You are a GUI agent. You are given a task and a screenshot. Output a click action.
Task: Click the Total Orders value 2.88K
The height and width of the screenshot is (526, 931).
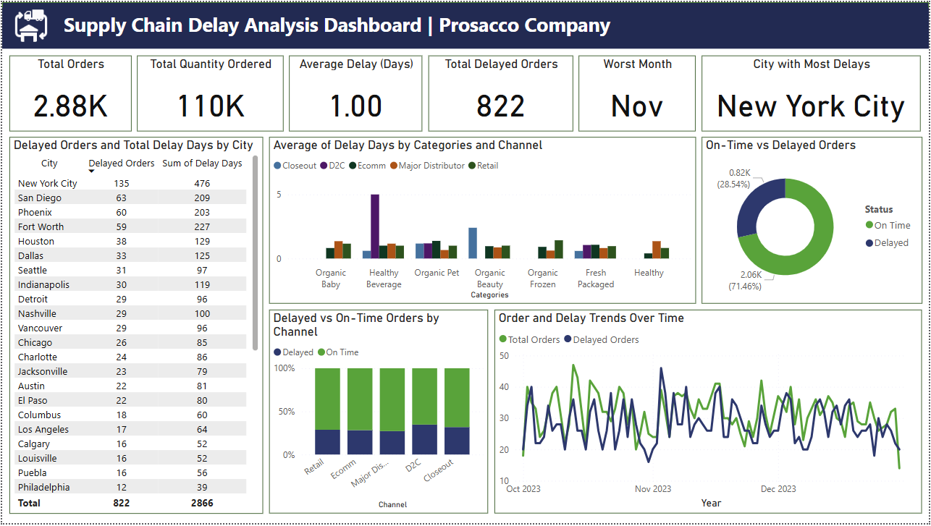(x=70, y=107)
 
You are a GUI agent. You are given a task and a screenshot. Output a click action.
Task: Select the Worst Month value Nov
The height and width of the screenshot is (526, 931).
(x=636, y=107)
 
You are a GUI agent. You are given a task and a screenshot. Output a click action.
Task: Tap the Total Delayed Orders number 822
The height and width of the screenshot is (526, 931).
(x=500, y=107)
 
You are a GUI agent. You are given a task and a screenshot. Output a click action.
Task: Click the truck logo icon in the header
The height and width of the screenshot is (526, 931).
(x=31, y=25)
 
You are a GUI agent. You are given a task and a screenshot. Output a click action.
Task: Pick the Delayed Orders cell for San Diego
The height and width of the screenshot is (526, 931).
(x=121, y=198)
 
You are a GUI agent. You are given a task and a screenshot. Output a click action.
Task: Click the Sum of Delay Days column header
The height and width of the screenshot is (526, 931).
(x=202, y=164)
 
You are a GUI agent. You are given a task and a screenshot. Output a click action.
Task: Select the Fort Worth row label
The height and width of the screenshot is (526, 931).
(x=41, y=226)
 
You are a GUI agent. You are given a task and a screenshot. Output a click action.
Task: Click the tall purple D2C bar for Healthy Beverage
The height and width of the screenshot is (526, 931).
(x=375, y=226)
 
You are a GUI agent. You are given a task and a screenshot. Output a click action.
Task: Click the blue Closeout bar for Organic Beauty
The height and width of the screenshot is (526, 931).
(x=473, y=243)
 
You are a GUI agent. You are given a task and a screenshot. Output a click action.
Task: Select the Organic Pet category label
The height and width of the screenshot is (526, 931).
(x=437, y=273)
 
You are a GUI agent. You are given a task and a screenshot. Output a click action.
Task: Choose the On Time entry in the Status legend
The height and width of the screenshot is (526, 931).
(x=891, y=225)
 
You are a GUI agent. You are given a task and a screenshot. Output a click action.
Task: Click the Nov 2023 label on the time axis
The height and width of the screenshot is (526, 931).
(x=652, y=489)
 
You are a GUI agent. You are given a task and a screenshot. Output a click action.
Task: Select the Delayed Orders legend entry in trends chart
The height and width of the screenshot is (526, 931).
(x=605, y=339)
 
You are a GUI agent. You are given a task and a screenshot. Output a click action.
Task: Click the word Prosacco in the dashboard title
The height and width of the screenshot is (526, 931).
(x=479, y=25)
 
